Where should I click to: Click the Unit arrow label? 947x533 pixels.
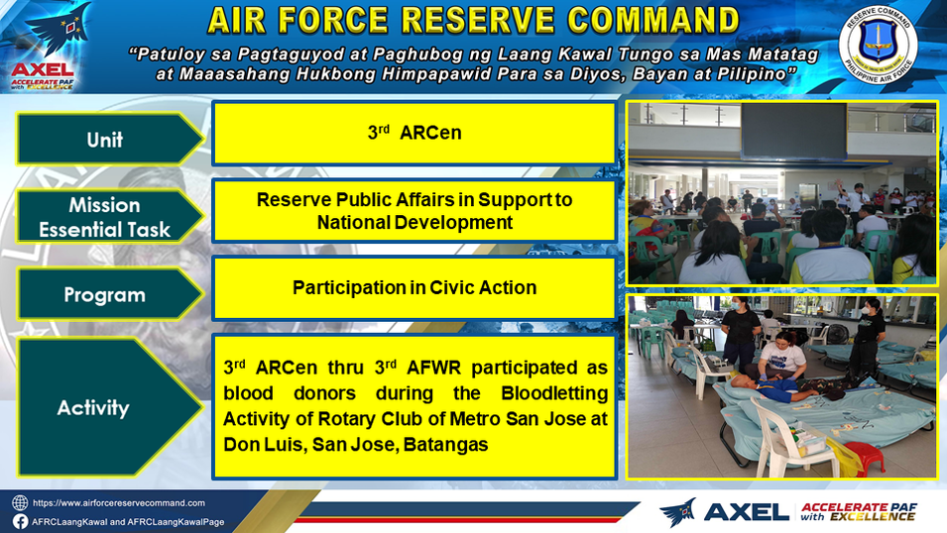(x=109, y=140)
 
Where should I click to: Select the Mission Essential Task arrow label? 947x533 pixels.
(x=109, y=217)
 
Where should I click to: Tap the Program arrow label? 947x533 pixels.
(x=109, y=294)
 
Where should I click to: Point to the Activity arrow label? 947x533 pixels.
(x=109, y=407)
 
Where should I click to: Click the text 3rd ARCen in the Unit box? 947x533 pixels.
(x=414, y=132)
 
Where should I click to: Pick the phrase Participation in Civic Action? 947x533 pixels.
(x=414, y=288)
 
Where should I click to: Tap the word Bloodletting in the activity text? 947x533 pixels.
(x=554, y=393)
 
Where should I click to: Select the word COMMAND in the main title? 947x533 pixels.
(x=653, y=21)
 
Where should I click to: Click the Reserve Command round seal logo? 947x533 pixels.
(x=878, y=46)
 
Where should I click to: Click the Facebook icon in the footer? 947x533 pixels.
(x=20, y=521)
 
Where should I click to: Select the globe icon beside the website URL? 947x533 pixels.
(x=20, y=503)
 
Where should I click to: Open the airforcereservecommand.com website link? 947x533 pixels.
(x=118, y=503)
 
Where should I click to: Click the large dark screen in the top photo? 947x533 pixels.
(x=794, y=131)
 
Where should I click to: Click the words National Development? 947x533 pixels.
(x=414, y=223)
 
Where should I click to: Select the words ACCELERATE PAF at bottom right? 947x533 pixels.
(x=858, y=507)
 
